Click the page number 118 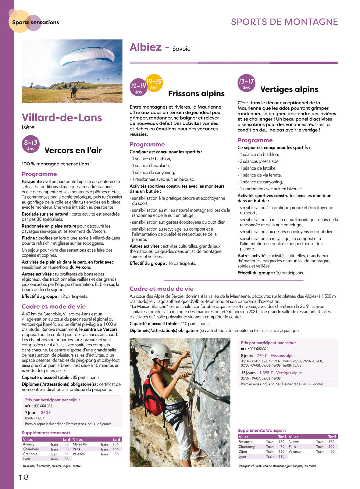tap(23, 477)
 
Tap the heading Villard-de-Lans tap(62, 118)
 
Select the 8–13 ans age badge tap(31, 144)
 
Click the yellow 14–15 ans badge tap(154, 83)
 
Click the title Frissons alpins tap(196, 94)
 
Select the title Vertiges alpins tap(289, 89)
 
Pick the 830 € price tap(46, 412)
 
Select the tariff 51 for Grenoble tap(66, 454)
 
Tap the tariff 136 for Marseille tap(116, 444)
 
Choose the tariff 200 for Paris tap(331, 447)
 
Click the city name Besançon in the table tap(246, 442)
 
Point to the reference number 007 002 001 tap(258, 349)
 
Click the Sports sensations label tap(35, 23)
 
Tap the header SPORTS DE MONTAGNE tap(284, 22)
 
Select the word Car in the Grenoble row tap(54, 454)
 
